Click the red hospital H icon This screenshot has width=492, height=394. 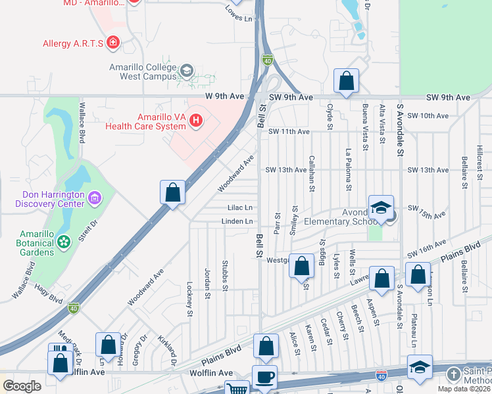coord(195,120)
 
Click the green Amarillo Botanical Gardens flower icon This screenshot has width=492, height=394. coord(64,242)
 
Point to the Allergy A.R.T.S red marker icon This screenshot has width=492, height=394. coord(114,43)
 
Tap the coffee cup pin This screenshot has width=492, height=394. coord(264,377)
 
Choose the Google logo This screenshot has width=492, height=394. coord(22,386)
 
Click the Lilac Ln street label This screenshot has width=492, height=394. coord(239,208)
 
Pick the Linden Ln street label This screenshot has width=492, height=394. coord(237,221)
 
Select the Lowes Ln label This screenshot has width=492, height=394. coord(239,14)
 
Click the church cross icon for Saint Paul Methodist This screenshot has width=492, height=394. coord(453,374)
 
